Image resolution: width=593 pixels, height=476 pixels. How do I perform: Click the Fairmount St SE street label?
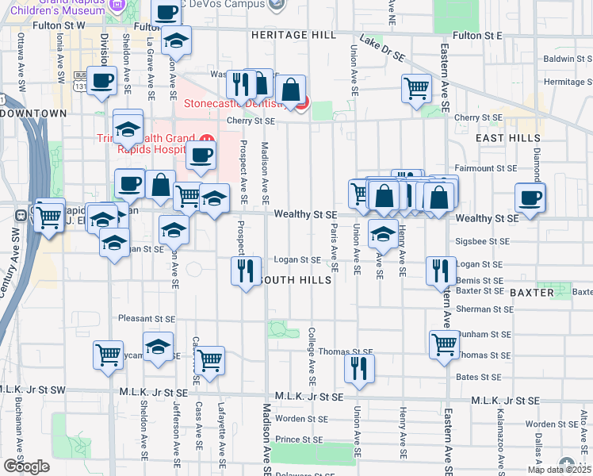coord(484,168)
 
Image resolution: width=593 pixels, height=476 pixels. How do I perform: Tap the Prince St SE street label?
coord(299,439)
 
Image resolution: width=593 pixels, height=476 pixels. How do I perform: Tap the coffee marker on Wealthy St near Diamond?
coord(530,198)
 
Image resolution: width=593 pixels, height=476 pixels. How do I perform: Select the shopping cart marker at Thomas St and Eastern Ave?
coord(444,344)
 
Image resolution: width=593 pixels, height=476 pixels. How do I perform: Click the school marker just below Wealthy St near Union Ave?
coord(383,234)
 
